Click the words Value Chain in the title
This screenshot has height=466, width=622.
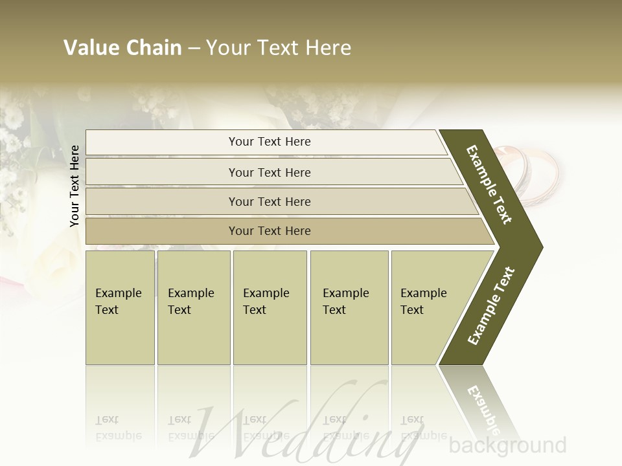pyautogui.click(x=122, y=48)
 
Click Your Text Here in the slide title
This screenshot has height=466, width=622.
pyautogui.click(x=279, y=48)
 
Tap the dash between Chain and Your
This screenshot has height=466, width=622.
pyautogui.click(x=194, y=49)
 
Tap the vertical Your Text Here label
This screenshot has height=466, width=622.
pyautogui.click(x=75, y=186)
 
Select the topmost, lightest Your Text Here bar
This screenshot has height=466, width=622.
pyautogui.click(x=269, y=142)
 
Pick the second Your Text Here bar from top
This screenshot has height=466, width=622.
pyautogui.click(x=269, y=172)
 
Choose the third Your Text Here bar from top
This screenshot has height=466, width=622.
pyautogui.click(x=269, y=201)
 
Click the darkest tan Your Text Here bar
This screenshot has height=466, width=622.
pyautogui.click(x=269, y=231)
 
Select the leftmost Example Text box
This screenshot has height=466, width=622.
pyautogui.click(x=120, y=307)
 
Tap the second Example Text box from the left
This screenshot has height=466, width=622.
pyautogui.click(x=193, y=307)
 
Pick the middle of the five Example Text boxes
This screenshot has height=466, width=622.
pyautogui.click(x=270, y=307)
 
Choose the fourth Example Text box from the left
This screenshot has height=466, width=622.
pyautogui.click(x=349, y=307)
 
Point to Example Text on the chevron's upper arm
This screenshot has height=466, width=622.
pyautogui.click(x=490, y=185)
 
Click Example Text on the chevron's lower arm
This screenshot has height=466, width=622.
pyautogui.click(x=492, y=306)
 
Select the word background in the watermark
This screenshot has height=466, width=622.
pyautogui.click(x=507, y=445)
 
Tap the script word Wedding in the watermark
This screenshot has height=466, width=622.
pyautogui.click(x=305, y=424)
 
